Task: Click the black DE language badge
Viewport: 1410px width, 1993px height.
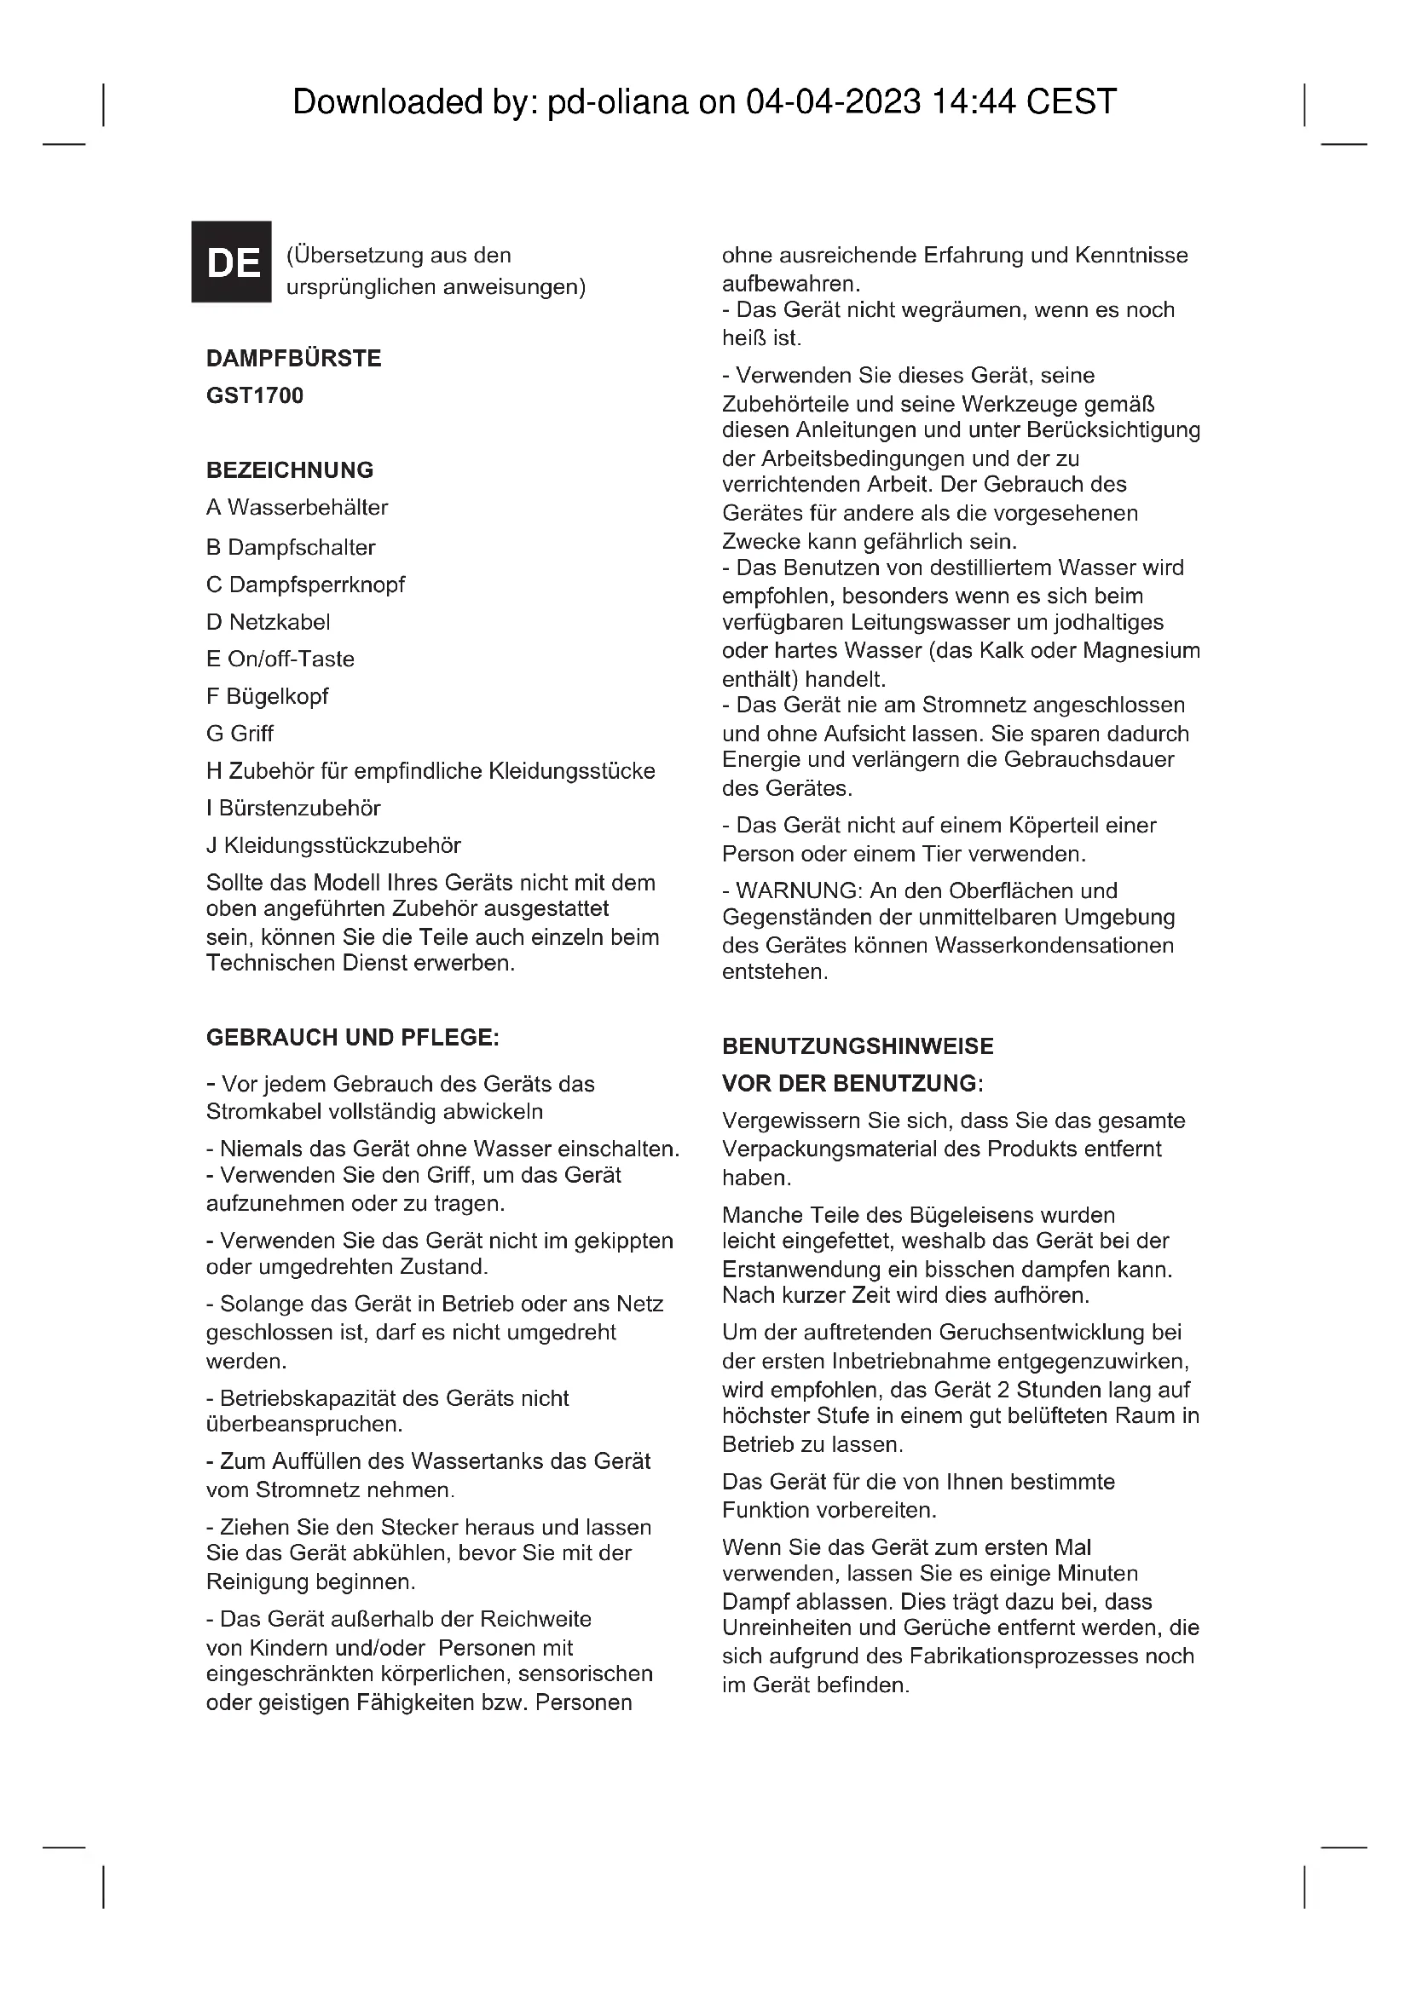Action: tap(231, 262)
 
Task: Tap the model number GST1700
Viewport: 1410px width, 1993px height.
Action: tap(254, 396)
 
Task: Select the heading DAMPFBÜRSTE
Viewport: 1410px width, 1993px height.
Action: tap(293, 359)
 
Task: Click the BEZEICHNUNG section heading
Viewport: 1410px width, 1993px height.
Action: tap(289, 470)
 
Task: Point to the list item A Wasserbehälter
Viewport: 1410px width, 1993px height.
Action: tap(297, 508)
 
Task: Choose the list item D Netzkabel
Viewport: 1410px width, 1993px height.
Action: tap(269, 622)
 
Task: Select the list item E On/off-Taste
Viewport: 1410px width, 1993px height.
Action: tap(280, 660)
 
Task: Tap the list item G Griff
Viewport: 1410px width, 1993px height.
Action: tap(240, 734)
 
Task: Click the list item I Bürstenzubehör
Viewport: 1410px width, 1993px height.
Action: tap(293, 808)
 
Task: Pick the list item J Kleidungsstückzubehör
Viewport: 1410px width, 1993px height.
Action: tap(333, 845)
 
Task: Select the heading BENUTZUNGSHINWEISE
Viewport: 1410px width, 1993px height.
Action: tap(858, 1047)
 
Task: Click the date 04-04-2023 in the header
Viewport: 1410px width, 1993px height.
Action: tap(833, 102)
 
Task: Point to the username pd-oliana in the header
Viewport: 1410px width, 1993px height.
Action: tap(617, 102)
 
